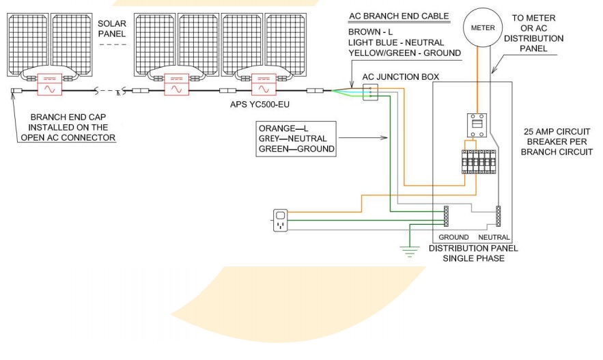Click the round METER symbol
click(x=478, y=27)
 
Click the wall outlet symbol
click(x=281, y=221)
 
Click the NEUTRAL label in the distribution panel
click(x=494, y=237)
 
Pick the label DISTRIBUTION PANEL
click(x=473, y=248)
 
